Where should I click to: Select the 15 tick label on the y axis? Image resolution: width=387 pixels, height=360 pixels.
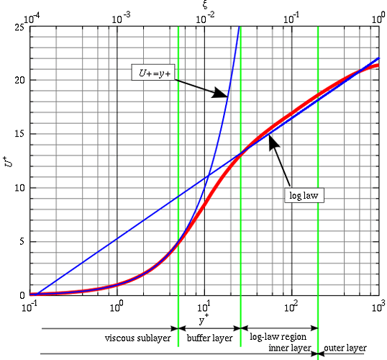pos(20,134)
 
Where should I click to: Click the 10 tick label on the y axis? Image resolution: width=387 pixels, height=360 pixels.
pos(20,188)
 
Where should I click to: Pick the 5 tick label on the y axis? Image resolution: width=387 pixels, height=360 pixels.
pos(22,242)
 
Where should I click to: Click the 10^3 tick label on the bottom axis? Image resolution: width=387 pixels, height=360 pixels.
pos(377,307)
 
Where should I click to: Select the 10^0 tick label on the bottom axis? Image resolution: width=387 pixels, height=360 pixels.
pos(116,307)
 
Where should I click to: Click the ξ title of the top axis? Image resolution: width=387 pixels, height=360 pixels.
pos(205,5)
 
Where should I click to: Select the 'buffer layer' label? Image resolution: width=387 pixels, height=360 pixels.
pos(209,337)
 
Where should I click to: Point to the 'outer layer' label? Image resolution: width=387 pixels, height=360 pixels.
pos(345,347)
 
